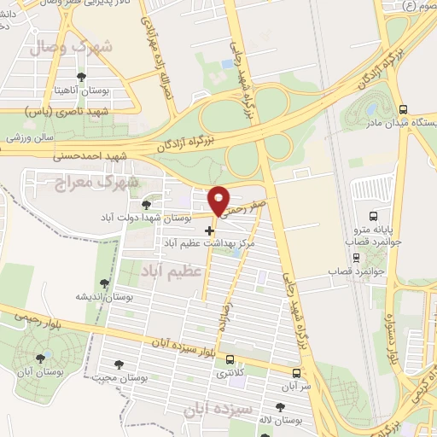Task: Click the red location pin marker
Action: point(219,201)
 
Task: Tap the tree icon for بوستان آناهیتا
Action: point(80,77)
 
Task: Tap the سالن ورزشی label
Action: point(31,137)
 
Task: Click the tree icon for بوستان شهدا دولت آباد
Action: point(146,204)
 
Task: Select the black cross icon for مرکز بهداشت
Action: point(209,230)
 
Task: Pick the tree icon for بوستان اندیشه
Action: point(104,283)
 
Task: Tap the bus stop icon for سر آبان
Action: point(296,373)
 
